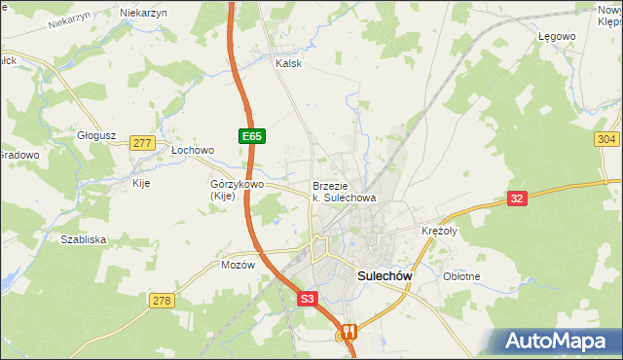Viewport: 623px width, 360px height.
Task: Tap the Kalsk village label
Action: click(x=289, y=63)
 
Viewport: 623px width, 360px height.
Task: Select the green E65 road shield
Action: click(x=251, y=137)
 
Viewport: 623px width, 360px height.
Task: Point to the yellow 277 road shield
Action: click(x=142, y=143)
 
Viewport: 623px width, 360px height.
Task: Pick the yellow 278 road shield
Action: click(x=162, y=301)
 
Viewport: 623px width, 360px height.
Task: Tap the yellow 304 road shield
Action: click(x=606, y=140)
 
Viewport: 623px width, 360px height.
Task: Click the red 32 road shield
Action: click(x=517, y=199)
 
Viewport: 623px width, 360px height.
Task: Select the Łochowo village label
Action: click(x=192, y=151)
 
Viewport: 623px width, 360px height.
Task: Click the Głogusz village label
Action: click(x=97, y=135)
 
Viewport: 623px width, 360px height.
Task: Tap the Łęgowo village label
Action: click(x=557, y=36)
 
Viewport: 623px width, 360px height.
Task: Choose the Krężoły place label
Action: click(x=439, y=232)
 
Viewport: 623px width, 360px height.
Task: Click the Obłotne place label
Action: click(x=461, y=276)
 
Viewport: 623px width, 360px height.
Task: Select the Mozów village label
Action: click(x=238, y=265)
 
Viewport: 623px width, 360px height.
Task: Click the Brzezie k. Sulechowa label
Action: click(x=344, y=192)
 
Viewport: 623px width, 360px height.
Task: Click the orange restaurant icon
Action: click(x=348, y=332)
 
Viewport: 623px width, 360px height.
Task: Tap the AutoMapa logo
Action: click(x=559, y=342)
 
